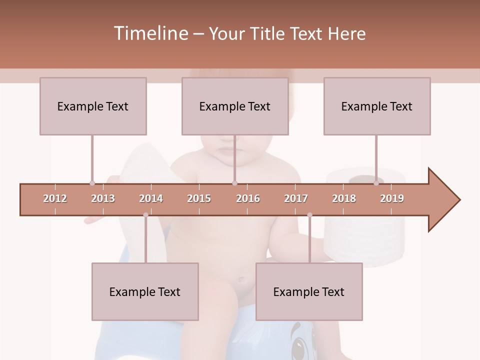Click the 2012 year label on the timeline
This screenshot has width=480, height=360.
click(55, 198)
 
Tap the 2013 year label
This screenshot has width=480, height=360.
click(103, 198)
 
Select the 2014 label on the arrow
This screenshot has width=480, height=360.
click(151, 198)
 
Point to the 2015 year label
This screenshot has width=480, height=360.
click(199, 198)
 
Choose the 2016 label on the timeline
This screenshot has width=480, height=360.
click(248, 198)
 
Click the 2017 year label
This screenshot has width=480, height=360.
click(296, 198)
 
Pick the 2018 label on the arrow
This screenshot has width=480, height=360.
click(344, 198)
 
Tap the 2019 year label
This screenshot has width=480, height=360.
click(392, 198)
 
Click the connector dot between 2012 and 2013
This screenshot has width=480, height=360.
click(92, 183)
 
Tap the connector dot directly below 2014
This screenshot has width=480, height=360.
click(145, 215)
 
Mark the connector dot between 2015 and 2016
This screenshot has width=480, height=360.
click(234, 183)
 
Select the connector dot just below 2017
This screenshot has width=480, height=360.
click(309, 215)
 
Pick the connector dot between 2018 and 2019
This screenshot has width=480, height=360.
click(376, 183)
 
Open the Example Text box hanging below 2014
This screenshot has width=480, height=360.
click(145, 291)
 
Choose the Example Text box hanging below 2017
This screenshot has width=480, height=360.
click(309, 291)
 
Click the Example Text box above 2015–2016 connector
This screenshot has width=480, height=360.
click(235, 106)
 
